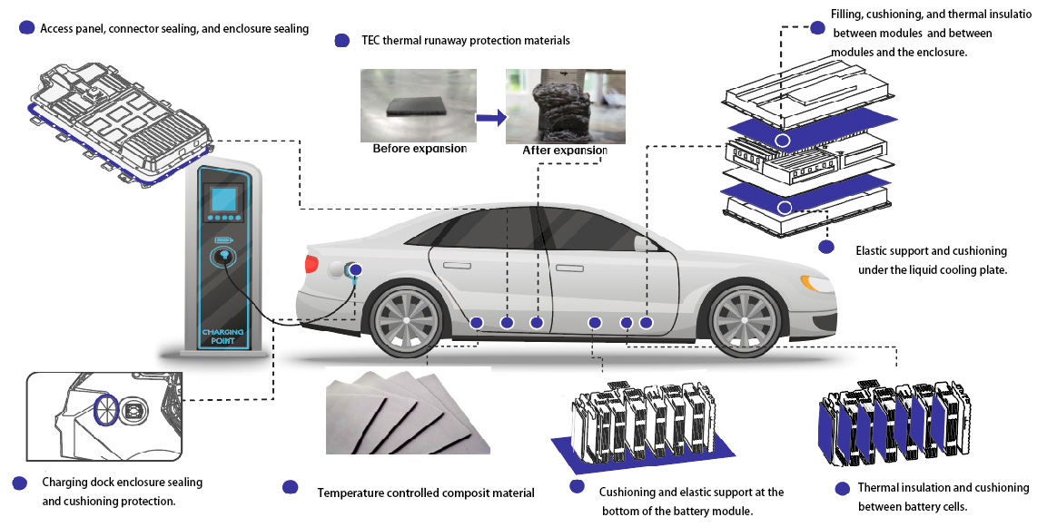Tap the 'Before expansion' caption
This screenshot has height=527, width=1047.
[420, 149]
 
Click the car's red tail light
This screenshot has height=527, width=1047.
[311, 264]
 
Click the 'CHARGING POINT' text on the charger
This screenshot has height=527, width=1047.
[222, 337]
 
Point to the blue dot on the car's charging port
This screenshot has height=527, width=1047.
[355, 269]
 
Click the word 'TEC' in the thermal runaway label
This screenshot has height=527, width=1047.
[367, 41]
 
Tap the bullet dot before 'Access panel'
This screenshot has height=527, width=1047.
[26, 28]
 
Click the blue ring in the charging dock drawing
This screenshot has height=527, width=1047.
[106, 409]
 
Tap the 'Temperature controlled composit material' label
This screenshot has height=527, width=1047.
[426, 493]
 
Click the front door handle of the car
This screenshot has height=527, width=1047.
[569, 268]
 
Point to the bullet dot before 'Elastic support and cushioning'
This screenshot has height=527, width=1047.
[825, 247]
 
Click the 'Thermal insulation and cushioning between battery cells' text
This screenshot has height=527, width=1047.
[943, 496]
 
